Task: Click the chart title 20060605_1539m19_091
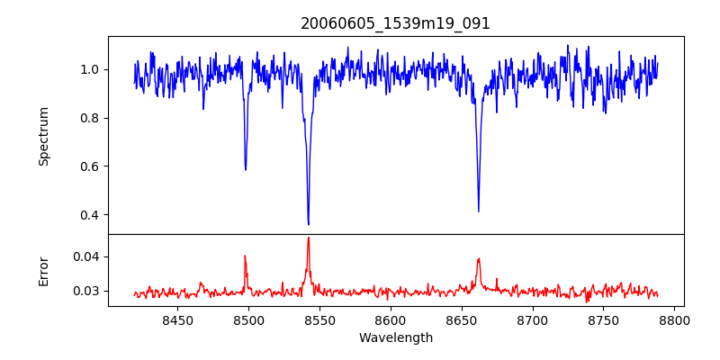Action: pos(395,23)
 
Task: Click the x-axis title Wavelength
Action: pos(395,337)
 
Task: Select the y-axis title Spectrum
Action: pos(43,136)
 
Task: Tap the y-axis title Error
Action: pos(43,270)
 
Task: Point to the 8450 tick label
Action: pos(177,319)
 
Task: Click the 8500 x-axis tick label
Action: pos(248,319)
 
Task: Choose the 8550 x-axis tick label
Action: pos(319,319)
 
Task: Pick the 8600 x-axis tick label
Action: pos(391,319)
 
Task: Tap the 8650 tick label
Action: pos(462,319)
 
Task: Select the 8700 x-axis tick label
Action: pos(533,319)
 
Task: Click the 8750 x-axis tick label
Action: pos(604,319)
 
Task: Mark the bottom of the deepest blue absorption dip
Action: pos(308,224)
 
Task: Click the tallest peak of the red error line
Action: pos(308,238)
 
